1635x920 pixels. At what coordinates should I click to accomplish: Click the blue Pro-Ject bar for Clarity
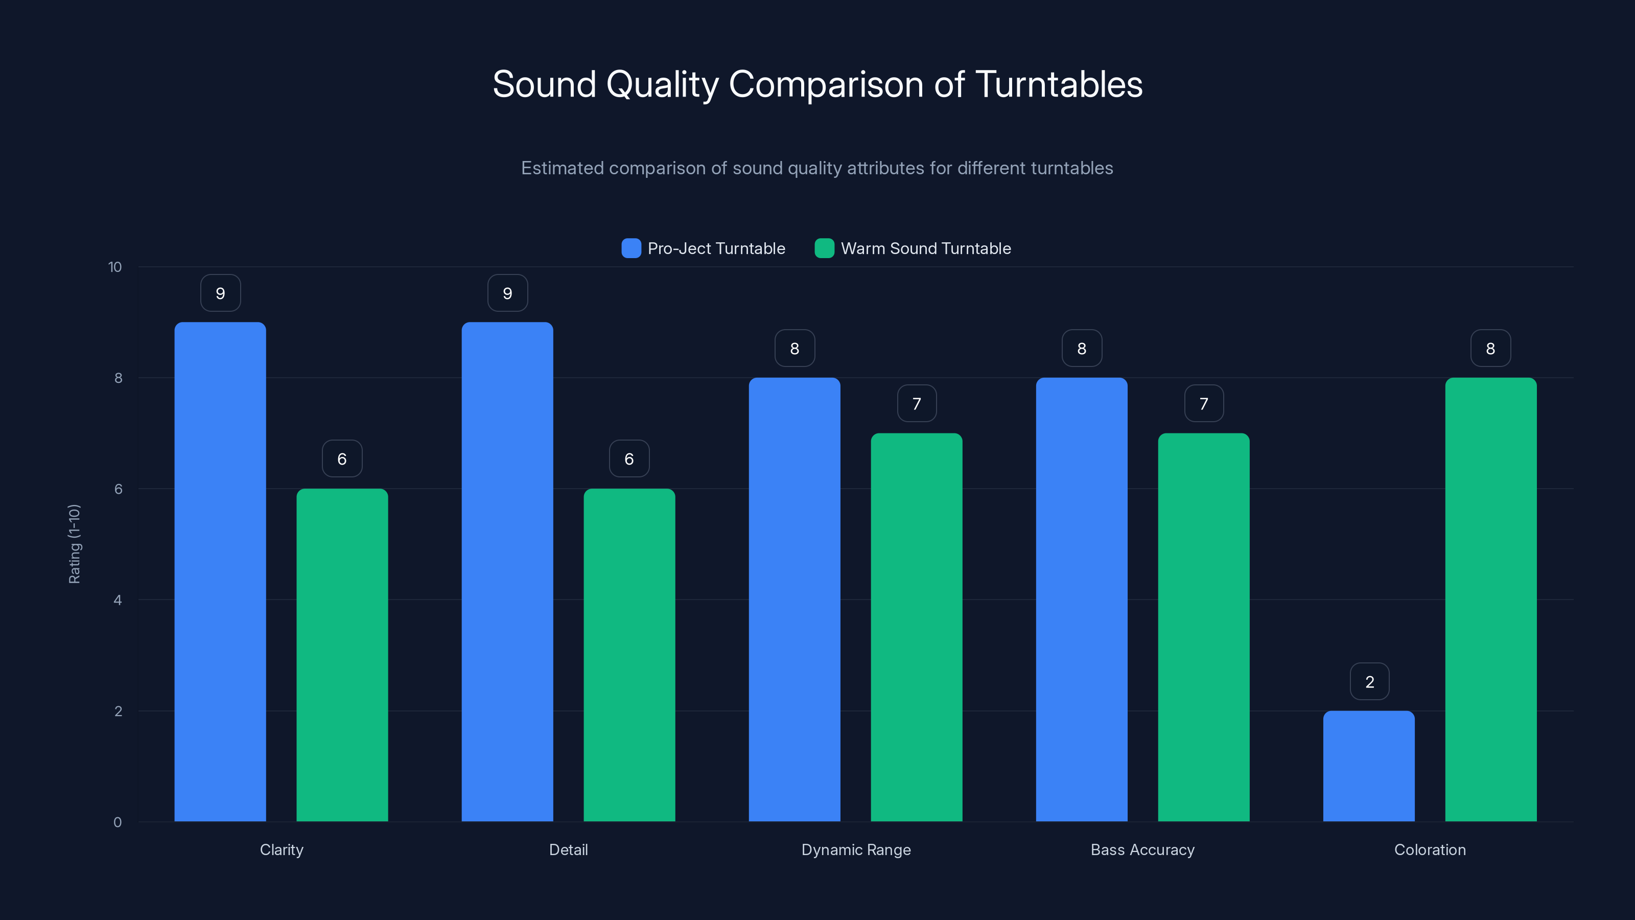coord(220,571)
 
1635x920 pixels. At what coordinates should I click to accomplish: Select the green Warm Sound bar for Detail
coord(629,655)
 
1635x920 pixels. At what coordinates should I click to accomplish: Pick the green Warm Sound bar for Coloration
coord(1490,600)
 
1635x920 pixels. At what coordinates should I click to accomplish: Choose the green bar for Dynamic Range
coord(916,627)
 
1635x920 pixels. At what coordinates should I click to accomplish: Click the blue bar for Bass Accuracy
coord(1082,600)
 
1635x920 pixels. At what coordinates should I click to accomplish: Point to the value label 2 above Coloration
coord(1369,682)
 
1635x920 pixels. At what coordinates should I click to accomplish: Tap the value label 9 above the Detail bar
coord(507,293)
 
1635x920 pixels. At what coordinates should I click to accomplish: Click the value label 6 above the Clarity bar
coord(342,459)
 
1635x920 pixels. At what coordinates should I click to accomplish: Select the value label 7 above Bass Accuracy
coord(1203,404)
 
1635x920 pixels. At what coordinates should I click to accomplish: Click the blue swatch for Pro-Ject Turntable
coord(631,248)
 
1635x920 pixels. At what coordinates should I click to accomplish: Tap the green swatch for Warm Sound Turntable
coord(824,248)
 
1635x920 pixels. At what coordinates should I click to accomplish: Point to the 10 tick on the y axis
coord(115,267)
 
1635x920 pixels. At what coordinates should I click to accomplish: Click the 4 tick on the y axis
coord(118,600)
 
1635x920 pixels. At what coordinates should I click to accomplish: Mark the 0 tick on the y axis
coord(118,822)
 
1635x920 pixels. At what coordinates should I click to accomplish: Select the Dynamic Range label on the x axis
coord(856,849)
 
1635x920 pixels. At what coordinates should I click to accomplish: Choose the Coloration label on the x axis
coord(1430,849)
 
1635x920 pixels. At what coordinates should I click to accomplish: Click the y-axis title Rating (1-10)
coord(74,544)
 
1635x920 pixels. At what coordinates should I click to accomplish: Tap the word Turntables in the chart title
coord(1058,84)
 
